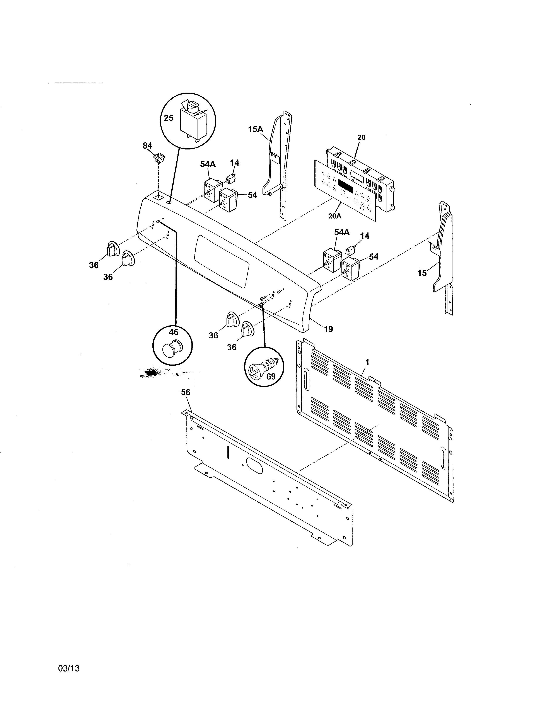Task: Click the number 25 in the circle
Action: tap(169, 118)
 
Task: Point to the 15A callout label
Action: tap(256, 129)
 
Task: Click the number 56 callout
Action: tap(186, 392)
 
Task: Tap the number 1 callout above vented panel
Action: tap(367, 363)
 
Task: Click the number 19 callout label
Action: tap(328, 329)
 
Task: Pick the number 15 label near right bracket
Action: tap(422, 273)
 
